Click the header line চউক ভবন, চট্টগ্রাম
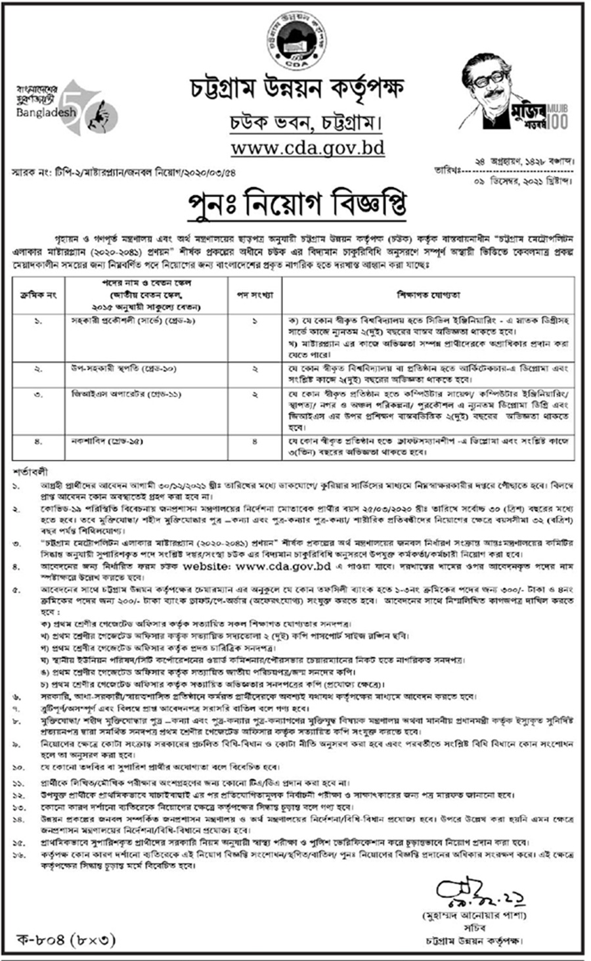click(x=295, y=121)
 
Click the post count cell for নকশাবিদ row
click(x=255, y=441)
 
